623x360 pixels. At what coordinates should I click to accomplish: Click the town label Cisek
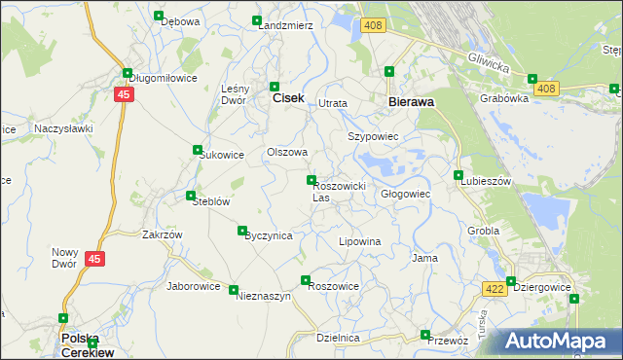[x=288, y=98]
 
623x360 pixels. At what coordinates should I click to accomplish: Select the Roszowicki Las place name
[x=338, y=191]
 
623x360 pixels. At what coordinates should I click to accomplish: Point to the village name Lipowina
[x=358, y=240]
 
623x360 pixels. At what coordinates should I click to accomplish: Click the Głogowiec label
[x=405, y=194]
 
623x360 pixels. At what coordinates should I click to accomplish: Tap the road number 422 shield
[x=494, y=289]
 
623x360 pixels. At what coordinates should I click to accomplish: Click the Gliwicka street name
[x=489, y=62]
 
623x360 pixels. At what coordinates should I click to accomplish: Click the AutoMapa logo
[x=561, y=342]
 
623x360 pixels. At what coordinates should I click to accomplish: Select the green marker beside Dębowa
[x=159, y=16]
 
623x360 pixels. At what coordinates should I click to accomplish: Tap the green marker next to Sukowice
[x=198, y=151]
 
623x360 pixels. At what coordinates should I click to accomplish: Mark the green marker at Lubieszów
[x=458, y=175]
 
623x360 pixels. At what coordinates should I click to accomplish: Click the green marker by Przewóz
[x=424, y=335]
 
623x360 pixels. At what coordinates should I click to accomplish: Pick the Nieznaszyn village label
[x=264, y=297]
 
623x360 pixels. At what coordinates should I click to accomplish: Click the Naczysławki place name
[x=62, y=127]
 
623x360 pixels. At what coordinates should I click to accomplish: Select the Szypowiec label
[x=374, y=137]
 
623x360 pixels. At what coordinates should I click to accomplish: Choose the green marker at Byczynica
[x=242, y=231]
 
